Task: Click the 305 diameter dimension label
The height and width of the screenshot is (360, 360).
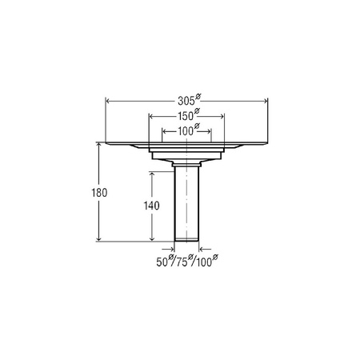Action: [186, 93]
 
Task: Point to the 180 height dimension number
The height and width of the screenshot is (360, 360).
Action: [100, 194]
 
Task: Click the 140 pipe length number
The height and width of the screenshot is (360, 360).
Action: [152, 205]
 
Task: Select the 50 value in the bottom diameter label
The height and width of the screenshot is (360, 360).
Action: [163, 261]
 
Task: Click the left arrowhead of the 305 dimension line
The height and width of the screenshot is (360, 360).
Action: [108, 100]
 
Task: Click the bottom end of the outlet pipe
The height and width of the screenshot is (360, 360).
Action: [186, 240]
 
